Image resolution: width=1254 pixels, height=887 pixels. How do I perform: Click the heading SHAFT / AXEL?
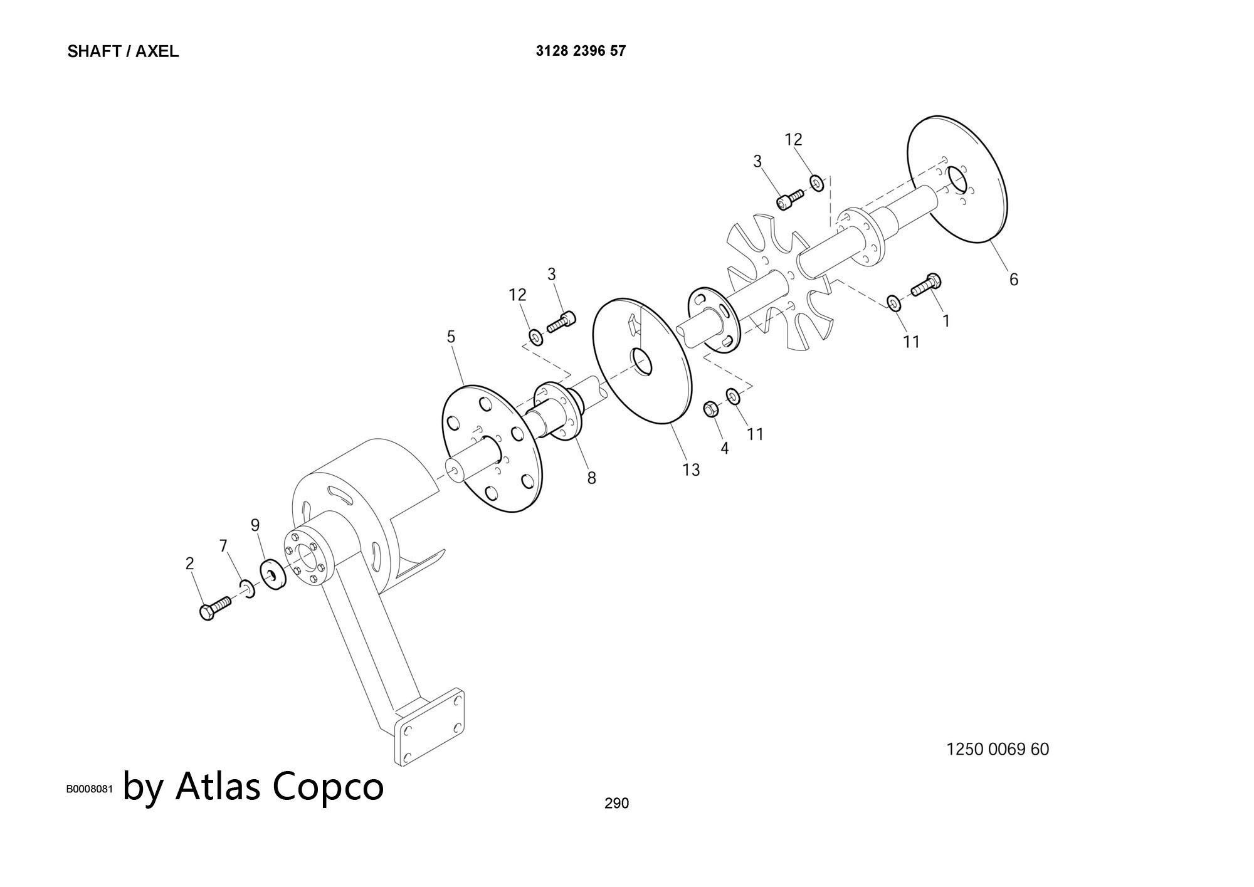coord(123,51)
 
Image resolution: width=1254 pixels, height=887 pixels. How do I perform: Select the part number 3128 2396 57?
coord(580,51)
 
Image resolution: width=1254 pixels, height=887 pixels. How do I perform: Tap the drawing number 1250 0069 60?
coord(997,749)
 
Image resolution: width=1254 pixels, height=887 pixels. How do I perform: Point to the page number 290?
coord(616,803)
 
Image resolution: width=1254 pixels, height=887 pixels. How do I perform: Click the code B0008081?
coord(90,789)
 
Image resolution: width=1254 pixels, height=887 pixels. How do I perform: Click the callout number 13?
coord(691,470)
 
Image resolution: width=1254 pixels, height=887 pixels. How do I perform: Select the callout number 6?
coord(1014,279)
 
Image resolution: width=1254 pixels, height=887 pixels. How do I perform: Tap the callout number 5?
coord(451,337)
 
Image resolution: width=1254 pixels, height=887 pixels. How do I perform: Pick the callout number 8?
coord(591,478)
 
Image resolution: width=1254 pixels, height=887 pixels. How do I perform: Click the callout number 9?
coord(255,525)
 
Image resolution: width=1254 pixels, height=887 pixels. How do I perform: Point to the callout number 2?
coord(190,563)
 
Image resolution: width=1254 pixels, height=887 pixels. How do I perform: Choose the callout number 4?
coord(725,448)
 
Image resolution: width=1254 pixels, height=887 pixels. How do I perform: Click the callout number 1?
coord(946,321)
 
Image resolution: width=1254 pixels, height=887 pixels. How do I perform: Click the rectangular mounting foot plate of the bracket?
coord(430,727)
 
